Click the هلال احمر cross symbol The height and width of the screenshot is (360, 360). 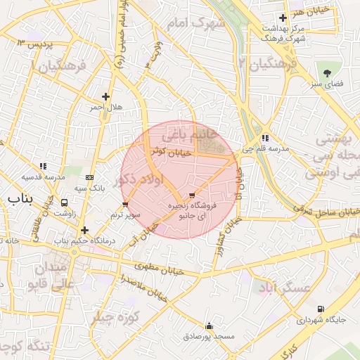tap(105, 97)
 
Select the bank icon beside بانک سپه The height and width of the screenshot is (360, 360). tap(89, 178)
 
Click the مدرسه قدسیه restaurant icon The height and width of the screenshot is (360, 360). tap(43, 167)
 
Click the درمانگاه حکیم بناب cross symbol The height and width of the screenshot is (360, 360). tap(84, 230)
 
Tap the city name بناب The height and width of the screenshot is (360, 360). tap(20, 200)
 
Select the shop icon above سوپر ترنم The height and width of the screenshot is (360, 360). tap(125, 205)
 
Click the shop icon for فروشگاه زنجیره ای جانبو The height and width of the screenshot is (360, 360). tap(193, 195)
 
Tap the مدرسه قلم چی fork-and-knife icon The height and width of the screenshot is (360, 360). tap(264, 139)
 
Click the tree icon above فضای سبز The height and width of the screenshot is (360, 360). tap(327, 73)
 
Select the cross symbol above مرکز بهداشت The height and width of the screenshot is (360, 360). tap(283, 18)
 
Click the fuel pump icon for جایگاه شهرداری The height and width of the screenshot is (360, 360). tap(321, 309)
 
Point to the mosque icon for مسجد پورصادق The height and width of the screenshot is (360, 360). tap(209, 326)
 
